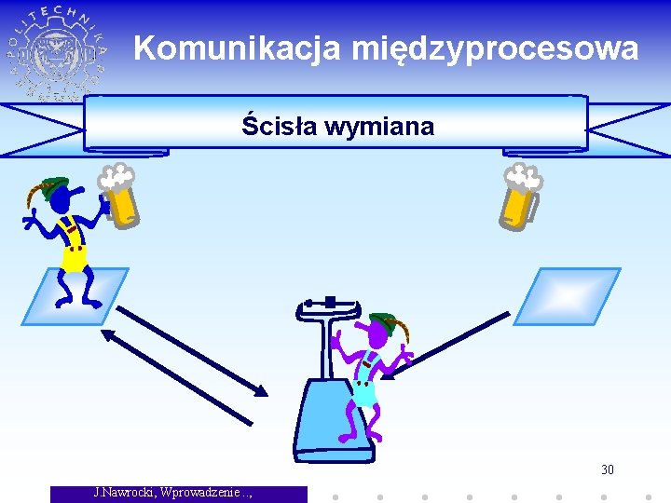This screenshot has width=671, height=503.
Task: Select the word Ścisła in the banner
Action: tap(279, 126)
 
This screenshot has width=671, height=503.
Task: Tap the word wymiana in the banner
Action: tap(379, 127)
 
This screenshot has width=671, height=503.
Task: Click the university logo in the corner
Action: tap(58, 52)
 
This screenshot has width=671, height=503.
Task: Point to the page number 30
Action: tap(607, 469)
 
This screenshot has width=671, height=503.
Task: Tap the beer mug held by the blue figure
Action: tap(120, 200)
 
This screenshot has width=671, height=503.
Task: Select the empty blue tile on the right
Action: tap(566, 296)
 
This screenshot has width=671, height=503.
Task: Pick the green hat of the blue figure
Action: tap(53, 185)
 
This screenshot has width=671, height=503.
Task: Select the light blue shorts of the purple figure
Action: tap(363, 393)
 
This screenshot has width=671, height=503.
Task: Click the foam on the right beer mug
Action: tap(523, 176)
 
